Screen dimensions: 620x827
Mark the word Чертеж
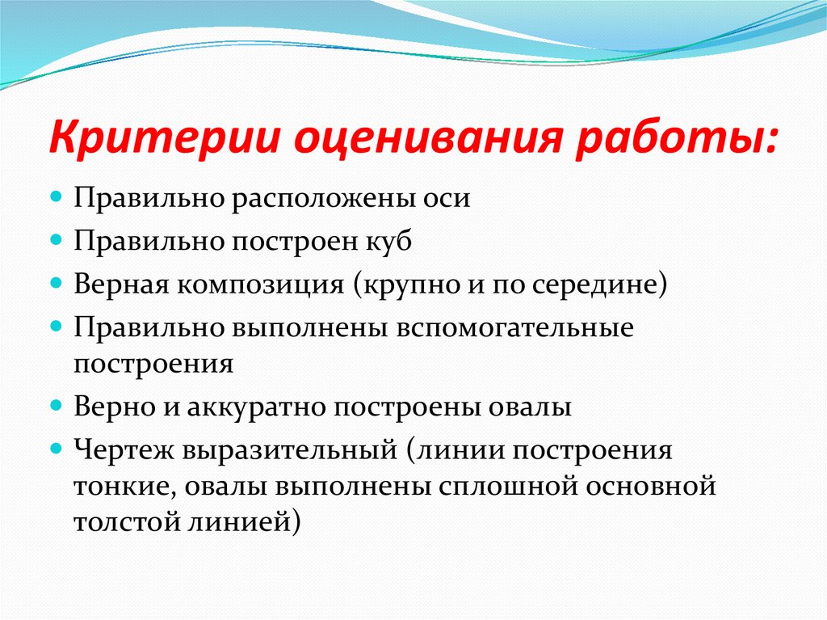124,449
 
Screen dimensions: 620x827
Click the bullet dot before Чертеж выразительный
57,447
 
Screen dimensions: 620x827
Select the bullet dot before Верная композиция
57,284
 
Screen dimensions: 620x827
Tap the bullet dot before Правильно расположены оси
57,196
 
